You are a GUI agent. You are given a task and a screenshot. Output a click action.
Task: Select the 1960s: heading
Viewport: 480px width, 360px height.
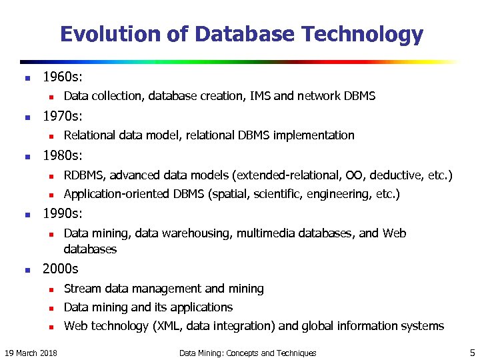coord(62,77)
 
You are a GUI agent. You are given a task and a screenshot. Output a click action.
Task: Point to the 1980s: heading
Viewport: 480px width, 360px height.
coord(62,156)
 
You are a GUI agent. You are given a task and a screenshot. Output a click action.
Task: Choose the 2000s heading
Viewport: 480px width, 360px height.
coord(60,269)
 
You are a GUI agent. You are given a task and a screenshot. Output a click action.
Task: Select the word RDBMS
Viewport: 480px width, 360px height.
coord(84,175)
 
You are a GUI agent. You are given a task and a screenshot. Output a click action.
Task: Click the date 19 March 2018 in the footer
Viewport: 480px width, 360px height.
coord(30,353)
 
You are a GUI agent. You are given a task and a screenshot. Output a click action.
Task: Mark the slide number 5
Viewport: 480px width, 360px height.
coord(472,352)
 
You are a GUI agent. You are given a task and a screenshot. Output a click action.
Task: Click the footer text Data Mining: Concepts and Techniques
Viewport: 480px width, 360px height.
coord(248,353)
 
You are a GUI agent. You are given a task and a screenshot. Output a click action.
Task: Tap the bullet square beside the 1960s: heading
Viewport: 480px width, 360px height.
coord(26,77)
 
